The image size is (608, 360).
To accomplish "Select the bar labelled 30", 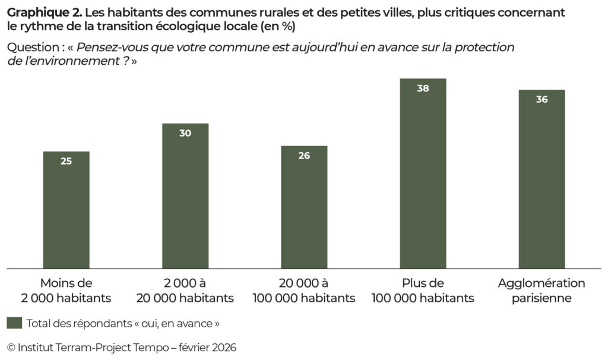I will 185,196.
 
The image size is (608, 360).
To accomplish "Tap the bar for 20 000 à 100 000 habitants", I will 304,207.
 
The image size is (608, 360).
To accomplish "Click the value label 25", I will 66,161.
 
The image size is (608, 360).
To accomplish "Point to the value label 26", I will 304,156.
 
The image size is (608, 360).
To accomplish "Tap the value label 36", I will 541,100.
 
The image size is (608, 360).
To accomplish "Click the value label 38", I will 423,89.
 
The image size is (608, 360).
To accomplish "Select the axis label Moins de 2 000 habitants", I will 66,290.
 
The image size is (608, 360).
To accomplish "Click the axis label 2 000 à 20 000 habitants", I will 185,290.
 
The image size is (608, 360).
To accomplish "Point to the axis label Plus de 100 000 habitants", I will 423,290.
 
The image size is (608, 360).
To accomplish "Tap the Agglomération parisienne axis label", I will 541,290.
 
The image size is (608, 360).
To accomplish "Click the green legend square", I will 14,323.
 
